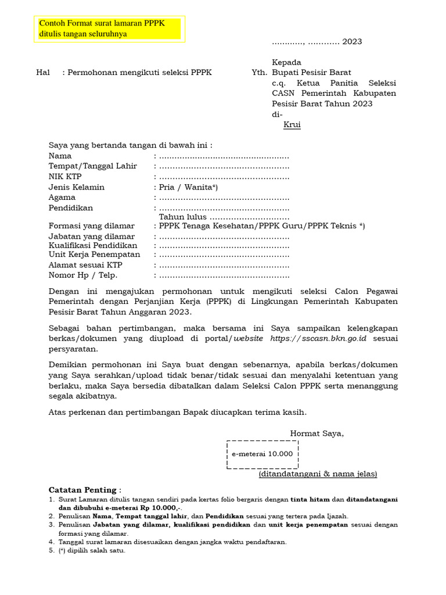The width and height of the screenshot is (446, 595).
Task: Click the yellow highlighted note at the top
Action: (x=109, y=29)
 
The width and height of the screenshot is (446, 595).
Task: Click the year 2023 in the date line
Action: (x=352, y=42)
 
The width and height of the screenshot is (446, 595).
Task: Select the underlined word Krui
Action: (x=292, y=125)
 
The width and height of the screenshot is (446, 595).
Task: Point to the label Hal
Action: (x=43, y=73)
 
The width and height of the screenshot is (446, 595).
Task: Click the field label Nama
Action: (x=60, y=156)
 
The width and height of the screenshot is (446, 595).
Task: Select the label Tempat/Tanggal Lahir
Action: (x=92, y=166)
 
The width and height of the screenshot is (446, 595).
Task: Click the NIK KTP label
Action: (x=65, y=177)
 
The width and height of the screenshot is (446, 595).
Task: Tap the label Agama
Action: (x=62, y=198)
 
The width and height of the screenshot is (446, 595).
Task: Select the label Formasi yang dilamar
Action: (x=91, y=226)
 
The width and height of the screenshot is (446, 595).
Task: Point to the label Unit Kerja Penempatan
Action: (x=94, y=255)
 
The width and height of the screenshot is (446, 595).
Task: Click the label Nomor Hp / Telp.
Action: (x=82, y=275)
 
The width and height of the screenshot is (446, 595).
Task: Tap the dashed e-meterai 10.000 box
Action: (x=262, y=454)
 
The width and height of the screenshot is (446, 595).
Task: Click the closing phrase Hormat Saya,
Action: (x=316, y=433)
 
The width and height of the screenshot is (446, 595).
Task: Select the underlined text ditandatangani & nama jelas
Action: (x=318, y=474)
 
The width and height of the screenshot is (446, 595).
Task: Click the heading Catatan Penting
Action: (x=84, y=490)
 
